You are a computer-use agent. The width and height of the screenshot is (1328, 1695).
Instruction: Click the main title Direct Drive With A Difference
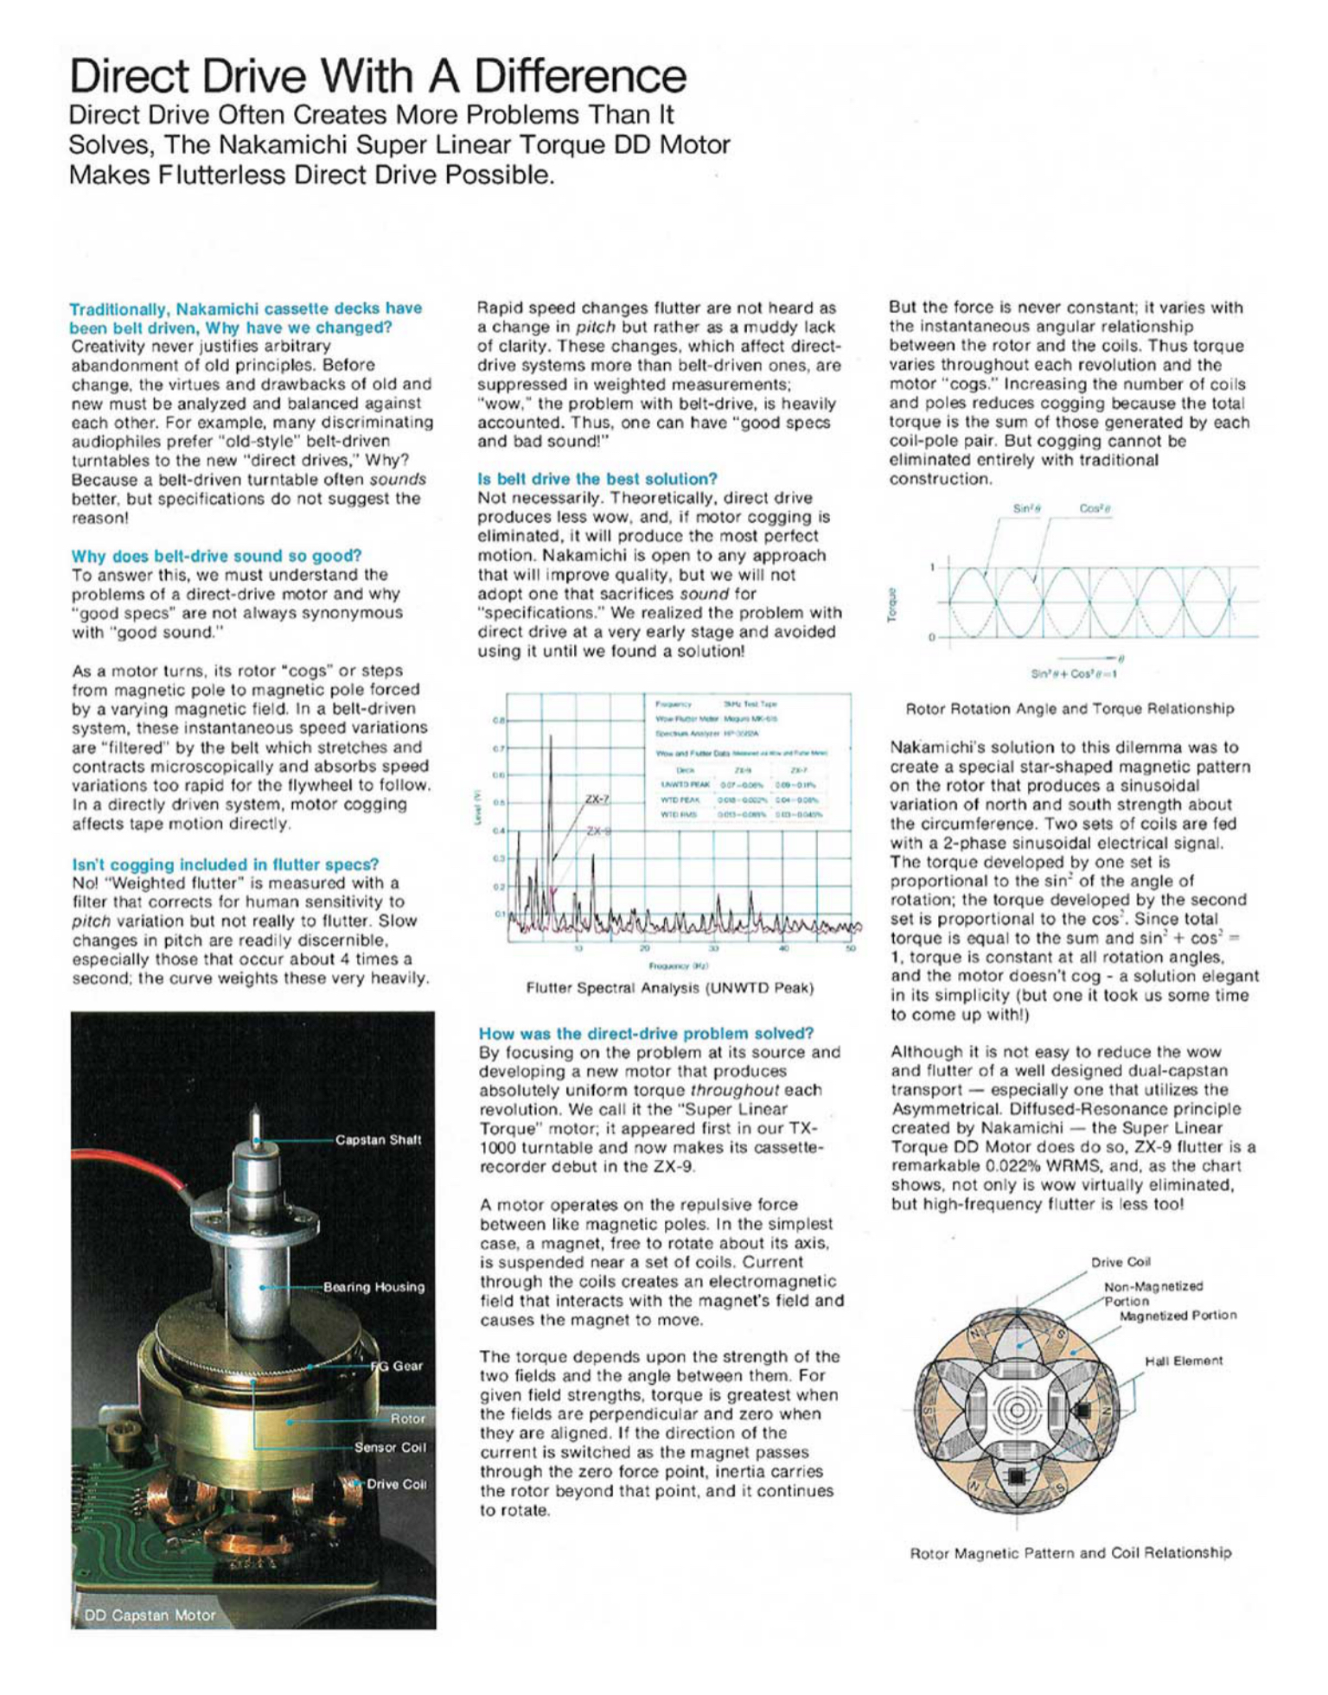tap(378, 76)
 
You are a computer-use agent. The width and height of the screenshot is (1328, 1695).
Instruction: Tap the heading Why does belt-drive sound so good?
tap(216, 556)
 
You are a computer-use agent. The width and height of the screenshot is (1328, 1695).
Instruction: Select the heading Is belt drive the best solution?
tap(597, 479)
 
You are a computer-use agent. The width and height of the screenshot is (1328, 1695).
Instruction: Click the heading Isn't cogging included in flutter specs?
tap(225, 864)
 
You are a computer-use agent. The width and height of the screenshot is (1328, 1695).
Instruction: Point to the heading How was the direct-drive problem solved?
tap(646, 1034)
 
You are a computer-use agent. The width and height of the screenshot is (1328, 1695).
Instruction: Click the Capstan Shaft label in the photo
tap(378, 1140)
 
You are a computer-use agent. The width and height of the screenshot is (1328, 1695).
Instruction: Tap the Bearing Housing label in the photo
tap(373, 1287)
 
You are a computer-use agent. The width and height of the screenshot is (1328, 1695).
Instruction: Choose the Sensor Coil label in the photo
tap(390, 1447)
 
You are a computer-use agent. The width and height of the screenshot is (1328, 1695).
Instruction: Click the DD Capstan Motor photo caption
tap(150, 1615)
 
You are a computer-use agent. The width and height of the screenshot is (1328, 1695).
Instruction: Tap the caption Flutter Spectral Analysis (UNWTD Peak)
tap(669, 987)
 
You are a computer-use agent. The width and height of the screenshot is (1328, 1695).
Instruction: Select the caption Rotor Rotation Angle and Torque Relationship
tap(1069, 709)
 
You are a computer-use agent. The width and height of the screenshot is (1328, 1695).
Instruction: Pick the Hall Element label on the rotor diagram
tap(1184, 1361)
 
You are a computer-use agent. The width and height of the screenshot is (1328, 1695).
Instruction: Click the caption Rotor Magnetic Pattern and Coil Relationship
tap(1070, 1553)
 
